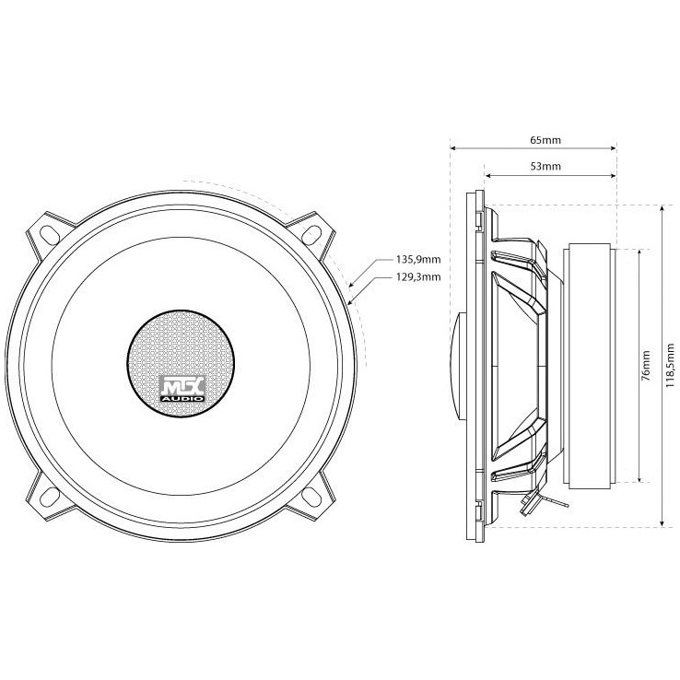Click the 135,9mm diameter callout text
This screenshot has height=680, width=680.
tap(416, 260)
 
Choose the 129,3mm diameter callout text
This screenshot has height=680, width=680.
tap(416, 276)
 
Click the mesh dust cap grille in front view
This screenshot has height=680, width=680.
tap(180, 350)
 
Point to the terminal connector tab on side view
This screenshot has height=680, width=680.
tap(530, 501)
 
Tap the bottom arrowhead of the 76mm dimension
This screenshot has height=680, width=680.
tap(639, 478)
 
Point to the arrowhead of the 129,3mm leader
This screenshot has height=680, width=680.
tap(351, 299)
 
